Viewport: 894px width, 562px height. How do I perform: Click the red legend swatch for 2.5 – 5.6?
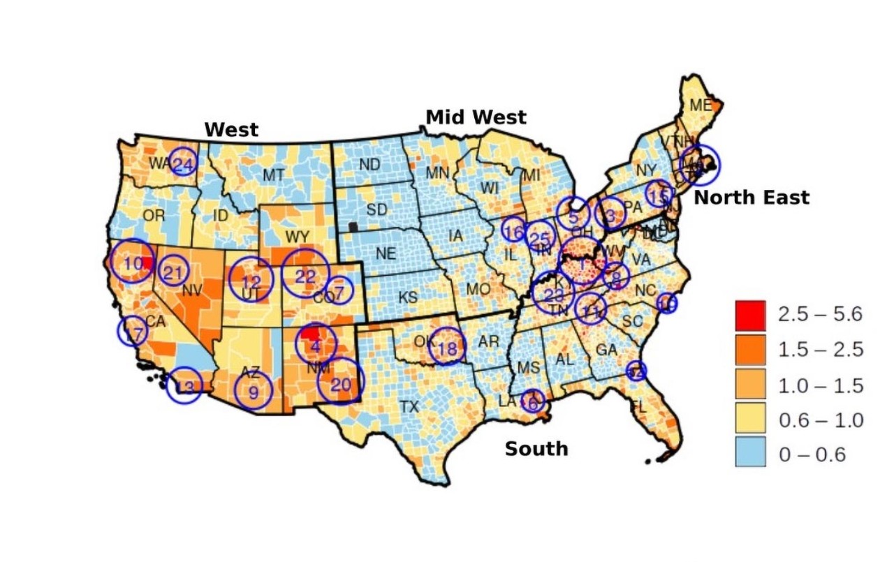[x=750, y=315]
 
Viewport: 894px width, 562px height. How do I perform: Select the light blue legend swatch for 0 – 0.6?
[x=750, y=454]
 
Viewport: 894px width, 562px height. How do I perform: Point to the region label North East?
[x=752, y=198]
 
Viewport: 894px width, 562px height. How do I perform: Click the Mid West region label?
[x=476, y=117]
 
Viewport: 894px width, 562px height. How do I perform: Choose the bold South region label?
[x=536, y=448]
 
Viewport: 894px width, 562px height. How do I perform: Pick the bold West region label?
[x=231, y=130]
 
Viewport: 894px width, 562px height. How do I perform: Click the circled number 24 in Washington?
[x=184, y=165]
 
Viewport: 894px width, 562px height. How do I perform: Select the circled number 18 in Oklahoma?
[x=446, y=347]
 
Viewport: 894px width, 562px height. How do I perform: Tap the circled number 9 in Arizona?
[x=253, y=393]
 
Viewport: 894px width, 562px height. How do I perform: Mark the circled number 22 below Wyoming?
[x=305, y=276]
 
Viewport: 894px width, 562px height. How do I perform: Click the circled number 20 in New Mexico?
[x=341, y=383]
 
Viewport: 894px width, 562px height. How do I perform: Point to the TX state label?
[x=409, y=406]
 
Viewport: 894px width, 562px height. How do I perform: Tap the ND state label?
[x=369, y=165]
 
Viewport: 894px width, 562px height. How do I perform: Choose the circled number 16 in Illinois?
[x=513, y=232]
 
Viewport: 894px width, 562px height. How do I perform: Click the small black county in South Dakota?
[x=353, y=226]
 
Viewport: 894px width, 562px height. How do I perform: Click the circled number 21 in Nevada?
[x=174, y=271]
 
